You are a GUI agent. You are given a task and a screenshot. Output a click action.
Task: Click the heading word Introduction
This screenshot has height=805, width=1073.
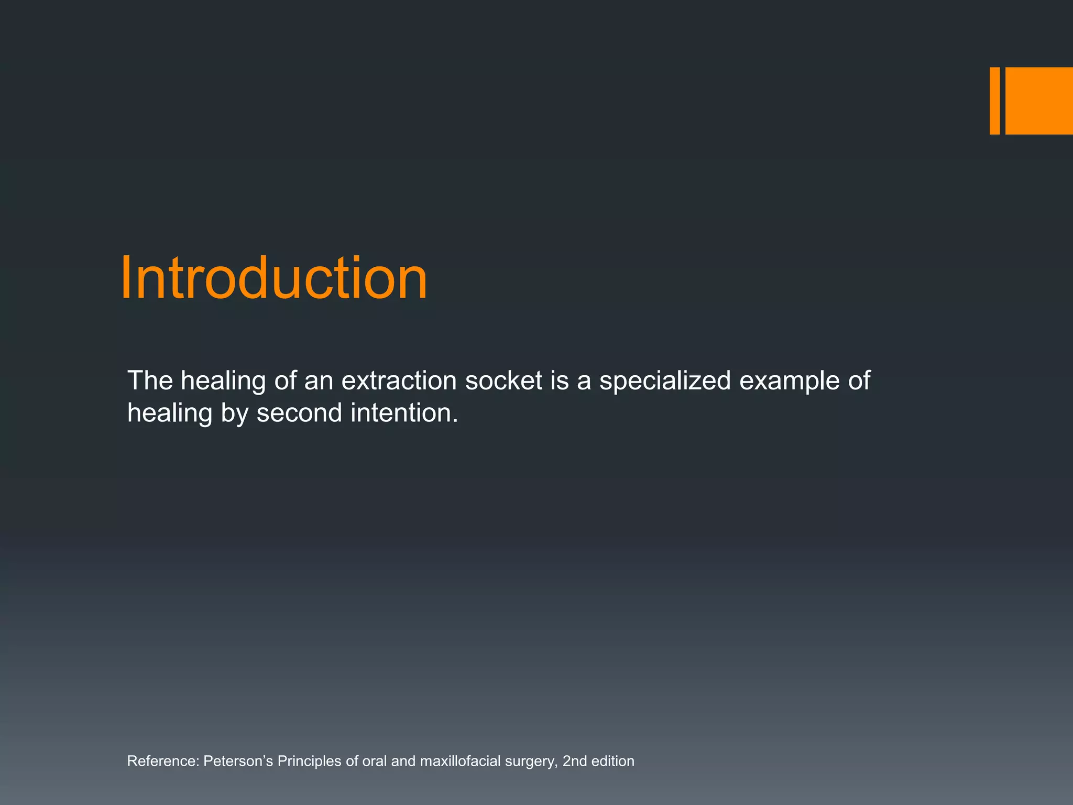(x=273, y=278)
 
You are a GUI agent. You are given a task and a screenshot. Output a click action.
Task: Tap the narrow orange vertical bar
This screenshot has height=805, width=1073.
(x=994, y=101)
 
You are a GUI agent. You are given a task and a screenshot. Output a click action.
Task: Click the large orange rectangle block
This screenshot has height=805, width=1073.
(x=1038, y=101)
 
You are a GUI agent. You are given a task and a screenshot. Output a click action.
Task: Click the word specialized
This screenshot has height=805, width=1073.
(x=665, y=380)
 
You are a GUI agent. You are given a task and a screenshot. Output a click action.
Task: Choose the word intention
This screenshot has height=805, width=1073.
(x=404, y=413)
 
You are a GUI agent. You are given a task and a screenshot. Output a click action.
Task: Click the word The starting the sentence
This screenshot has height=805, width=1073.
(x=150, y=380)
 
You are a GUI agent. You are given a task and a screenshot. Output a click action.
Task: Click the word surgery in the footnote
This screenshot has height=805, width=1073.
(x=531, y=762)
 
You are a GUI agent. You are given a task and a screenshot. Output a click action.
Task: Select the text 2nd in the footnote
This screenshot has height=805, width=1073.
(x=574, y=761)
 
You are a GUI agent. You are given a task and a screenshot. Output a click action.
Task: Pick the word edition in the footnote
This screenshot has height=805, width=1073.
(x=612, y=761)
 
